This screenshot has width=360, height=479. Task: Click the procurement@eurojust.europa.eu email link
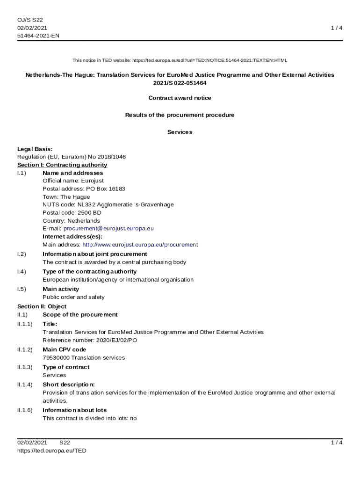(x=108, y=229)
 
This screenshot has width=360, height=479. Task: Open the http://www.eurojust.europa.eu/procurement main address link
(x=140, y=245)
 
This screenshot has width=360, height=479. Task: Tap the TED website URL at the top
(x=210, y=60)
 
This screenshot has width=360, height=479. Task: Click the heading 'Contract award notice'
(x=180, y=98)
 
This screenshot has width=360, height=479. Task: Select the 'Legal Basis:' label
(x=35, y=149)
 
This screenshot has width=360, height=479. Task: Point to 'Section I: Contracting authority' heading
(x=62, y=165)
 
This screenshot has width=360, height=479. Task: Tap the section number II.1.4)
(x=25, y=385)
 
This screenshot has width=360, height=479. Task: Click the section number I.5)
(x=22, y=289)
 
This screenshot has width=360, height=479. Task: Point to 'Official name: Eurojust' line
(x=73, y=181)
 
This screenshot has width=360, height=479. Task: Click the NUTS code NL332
(x=86, y=205)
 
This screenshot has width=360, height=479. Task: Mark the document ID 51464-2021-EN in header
(x=38, y=36)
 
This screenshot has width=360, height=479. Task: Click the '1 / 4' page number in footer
(x=337, y=443)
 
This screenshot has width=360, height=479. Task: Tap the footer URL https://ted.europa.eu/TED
(x=52, y=451)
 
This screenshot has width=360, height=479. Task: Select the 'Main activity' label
(x=61, y=289)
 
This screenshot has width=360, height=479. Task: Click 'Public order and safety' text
(x=73, y=297)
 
